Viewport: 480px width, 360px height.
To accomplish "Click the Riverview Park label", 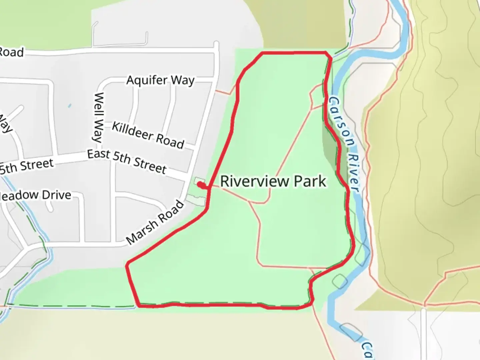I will click(273, 181).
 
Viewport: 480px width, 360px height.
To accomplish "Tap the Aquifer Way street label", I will click(160, 80).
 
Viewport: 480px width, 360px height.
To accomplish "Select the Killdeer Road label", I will click(148, 135).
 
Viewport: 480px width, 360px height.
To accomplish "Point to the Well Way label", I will click(98, 117).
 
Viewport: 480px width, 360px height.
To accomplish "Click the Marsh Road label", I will click(155, 222).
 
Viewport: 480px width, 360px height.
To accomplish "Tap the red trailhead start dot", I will click(200, 185).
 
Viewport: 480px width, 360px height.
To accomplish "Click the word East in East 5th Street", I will click(99, 154).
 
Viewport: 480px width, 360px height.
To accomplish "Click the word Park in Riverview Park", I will click(310, 181).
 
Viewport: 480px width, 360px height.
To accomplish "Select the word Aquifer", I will click(147, 80).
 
